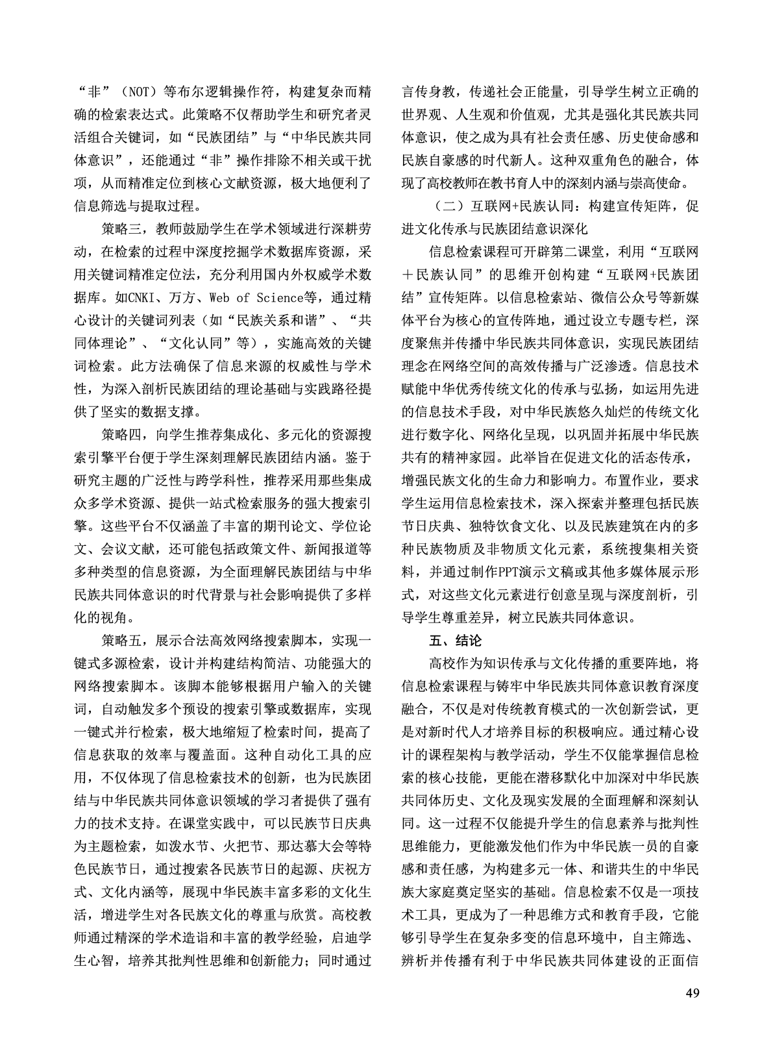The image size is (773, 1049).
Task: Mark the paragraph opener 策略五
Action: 121,639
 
